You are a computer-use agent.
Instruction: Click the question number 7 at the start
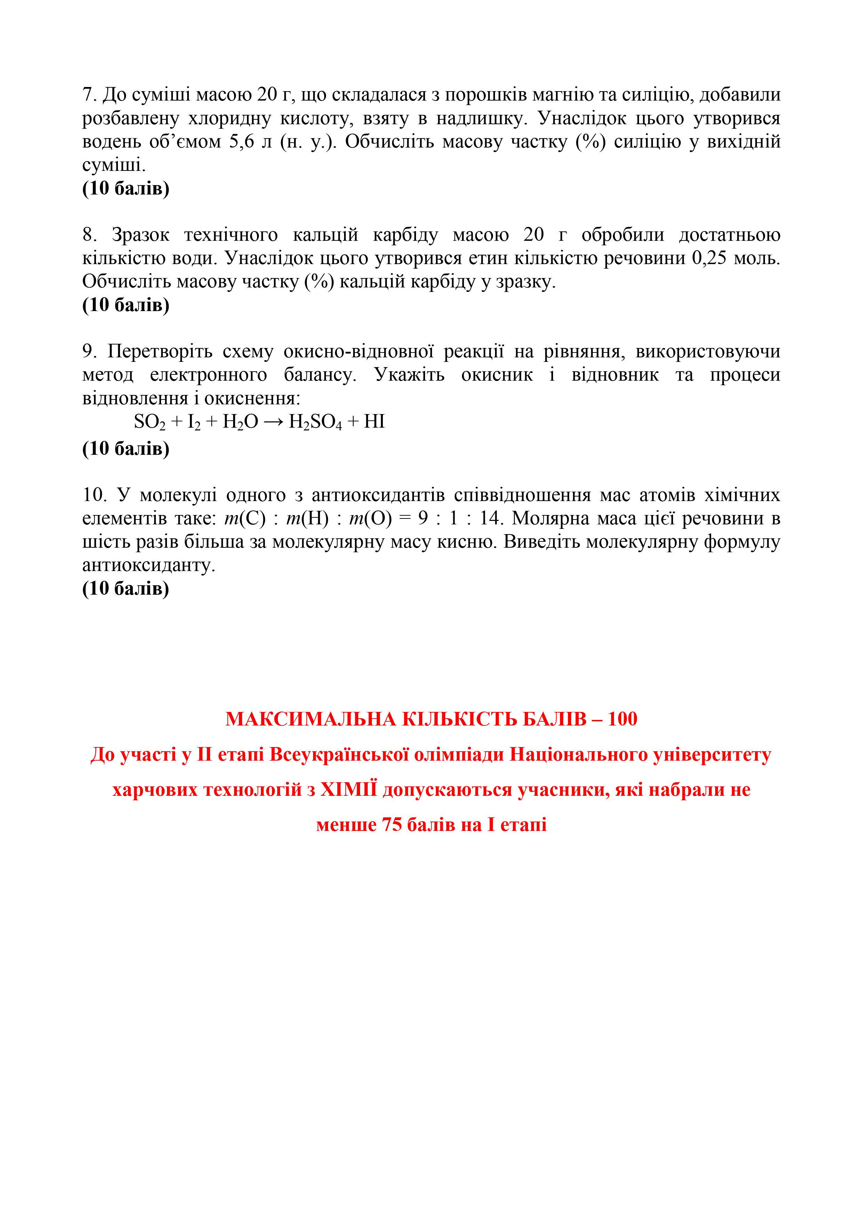point(87,95)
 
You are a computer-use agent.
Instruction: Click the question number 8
point(88,235)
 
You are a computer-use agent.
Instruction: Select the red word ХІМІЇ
point(348,790)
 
